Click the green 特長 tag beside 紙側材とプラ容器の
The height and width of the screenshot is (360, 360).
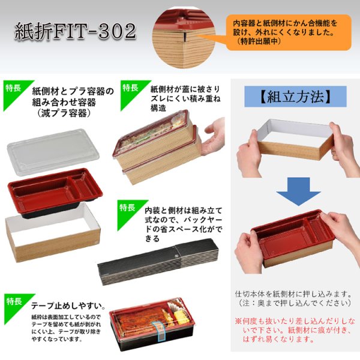[x=13, y=88]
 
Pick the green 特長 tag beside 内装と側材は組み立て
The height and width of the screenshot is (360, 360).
[x=127, y=208]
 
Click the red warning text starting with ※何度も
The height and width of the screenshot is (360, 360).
[x=295, y=331]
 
